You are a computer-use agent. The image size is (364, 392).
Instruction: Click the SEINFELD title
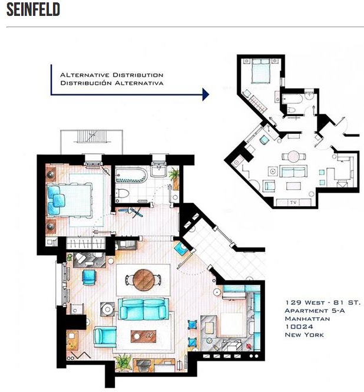33,9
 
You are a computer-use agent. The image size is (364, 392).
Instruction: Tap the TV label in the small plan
293,202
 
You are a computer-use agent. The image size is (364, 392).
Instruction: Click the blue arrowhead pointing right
206,94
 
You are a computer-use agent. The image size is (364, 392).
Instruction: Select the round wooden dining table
143,280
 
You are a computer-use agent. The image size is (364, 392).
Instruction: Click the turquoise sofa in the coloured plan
143,309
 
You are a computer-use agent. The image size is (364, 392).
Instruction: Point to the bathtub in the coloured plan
131,175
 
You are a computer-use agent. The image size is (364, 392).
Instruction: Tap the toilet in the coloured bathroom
122,193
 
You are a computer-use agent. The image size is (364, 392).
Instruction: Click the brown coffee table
143,336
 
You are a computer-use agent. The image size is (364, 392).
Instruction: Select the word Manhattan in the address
307,319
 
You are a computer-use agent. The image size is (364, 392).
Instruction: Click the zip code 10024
299,327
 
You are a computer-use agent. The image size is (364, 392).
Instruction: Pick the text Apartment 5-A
315,311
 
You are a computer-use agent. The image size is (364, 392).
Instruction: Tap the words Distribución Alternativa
112,83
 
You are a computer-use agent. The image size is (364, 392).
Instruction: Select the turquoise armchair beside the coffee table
105,337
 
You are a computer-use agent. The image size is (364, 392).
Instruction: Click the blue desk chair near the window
89,277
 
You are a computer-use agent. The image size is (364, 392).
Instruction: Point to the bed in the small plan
261,71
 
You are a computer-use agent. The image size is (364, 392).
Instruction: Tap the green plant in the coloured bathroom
174,174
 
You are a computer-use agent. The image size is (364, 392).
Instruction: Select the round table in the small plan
293,157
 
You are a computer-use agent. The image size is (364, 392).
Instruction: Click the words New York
305,335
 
